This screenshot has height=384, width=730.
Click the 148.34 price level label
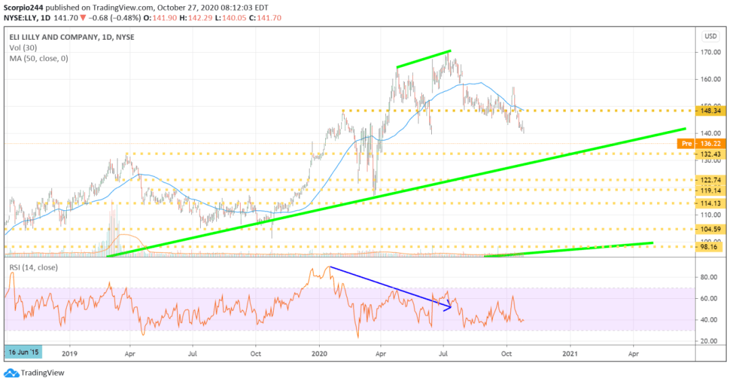tap(710, 110)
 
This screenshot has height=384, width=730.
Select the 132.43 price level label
tap(710, 154)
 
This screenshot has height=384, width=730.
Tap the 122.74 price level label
tap(710, 181)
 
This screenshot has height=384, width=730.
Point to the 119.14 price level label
tap(710, 191)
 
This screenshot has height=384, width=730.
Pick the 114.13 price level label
tap(710, 203)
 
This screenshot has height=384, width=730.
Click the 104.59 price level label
tap(710, 230)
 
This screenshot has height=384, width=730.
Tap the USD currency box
tap(710, 36)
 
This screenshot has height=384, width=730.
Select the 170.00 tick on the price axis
tap(708, 52)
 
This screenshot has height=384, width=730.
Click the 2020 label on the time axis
tap(320, 352)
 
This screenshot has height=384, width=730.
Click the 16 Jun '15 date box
tap(23, 352)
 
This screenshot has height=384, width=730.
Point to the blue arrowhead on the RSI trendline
tap(448, 308)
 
